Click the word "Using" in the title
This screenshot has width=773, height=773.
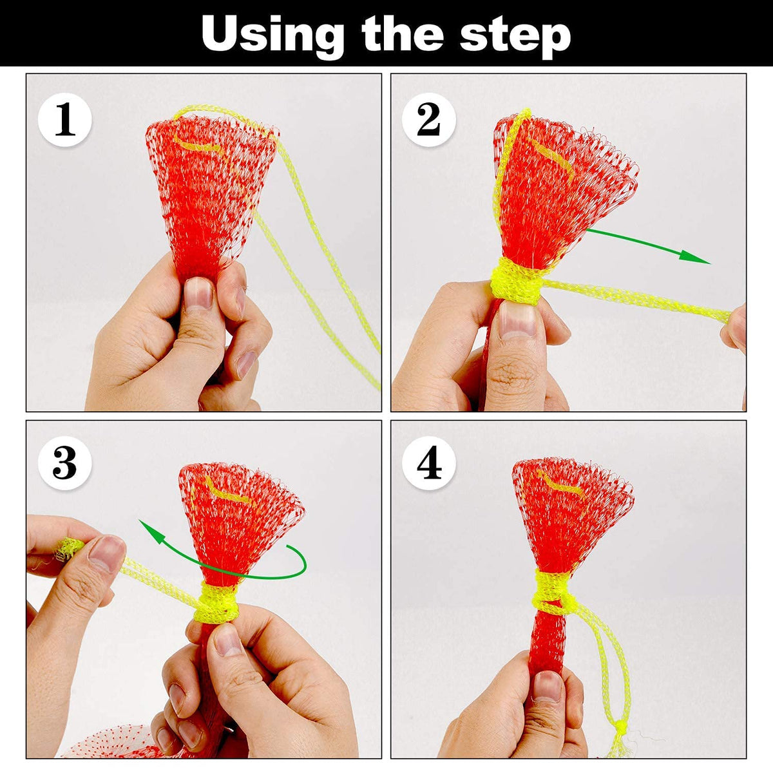coord(272,36)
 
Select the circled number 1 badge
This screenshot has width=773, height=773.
coord(65,120)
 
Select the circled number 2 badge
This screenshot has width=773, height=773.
coord(429,120)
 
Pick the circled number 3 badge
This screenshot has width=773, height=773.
coord(65,463)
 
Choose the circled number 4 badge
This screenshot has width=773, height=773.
coord(429,463)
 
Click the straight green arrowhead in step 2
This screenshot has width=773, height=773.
coord(694,257)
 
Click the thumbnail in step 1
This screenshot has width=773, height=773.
coord(198,293)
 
